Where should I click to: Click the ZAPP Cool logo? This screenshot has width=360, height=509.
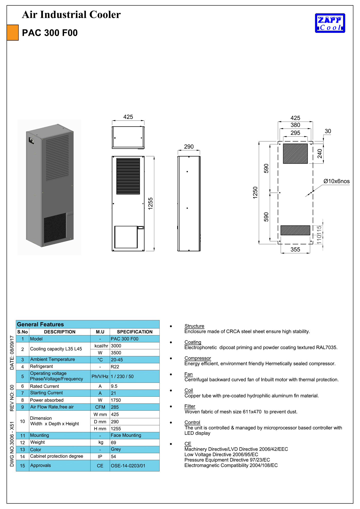(x=330, y=23)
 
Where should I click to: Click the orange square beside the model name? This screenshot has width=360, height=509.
(x=13, y=33)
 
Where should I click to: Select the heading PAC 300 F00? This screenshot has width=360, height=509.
(x=50, y=33)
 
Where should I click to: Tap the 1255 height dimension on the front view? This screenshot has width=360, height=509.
(x=150, y=203)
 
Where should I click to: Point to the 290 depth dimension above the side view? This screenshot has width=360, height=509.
(x=189, y=147)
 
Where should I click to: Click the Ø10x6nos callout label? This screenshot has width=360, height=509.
(x=336, y=181)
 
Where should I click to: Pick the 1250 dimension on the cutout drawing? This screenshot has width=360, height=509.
(x=255, y=192)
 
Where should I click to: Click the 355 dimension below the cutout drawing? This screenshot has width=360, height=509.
(x=295, y=249)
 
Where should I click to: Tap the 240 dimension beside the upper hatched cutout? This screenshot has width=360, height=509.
(x=320, y=154)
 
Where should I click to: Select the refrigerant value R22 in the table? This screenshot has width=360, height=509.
(x=115, y=367)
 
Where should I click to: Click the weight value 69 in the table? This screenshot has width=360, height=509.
(x=113, y=442)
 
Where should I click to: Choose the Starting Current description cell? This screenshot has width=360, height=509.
(x=47, y=393)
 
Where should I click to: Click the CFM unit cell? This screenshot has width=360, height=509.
(x=100, y=407)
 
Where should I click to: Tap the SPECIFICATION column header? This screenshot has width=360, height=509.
(x=134, y=332)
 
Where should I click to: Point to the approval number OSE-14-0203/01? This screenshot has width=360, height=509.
(x=128, y=466)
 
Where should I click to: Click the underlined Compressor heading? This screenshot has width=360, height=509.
(x=197, y=358)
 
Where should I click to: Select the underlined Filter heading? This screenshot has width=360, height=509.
(x=190, y=406)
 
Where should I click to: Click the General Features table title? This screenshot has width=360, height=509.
(x=40, y=324)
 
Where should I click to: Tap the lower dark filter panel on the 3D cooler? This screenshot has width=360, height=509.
(x=55, y=228)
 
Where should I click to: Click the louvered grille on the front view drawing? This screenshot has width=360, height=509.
(x=128, y=176)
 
